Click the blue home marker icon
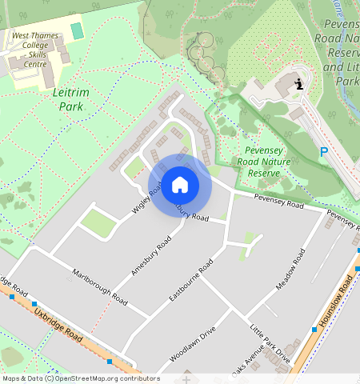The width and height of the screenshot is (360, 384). (180, 186)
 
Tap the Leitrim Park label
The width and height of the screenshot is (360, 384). (67, 99)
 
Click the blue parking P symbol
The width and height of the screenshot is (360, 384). (324, 152)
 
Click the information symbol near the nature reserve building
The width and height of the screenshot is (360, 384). (298, 84)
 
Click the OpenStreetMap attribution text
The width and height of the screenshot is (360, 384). (80, 378)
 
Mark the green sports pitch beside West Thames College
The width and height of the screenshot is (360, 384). (77, 30)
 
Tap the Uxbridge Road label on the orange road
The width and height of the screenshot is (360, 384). (59, 323)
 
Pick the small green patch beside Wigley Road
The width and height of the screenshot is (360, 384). (98, 223)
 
